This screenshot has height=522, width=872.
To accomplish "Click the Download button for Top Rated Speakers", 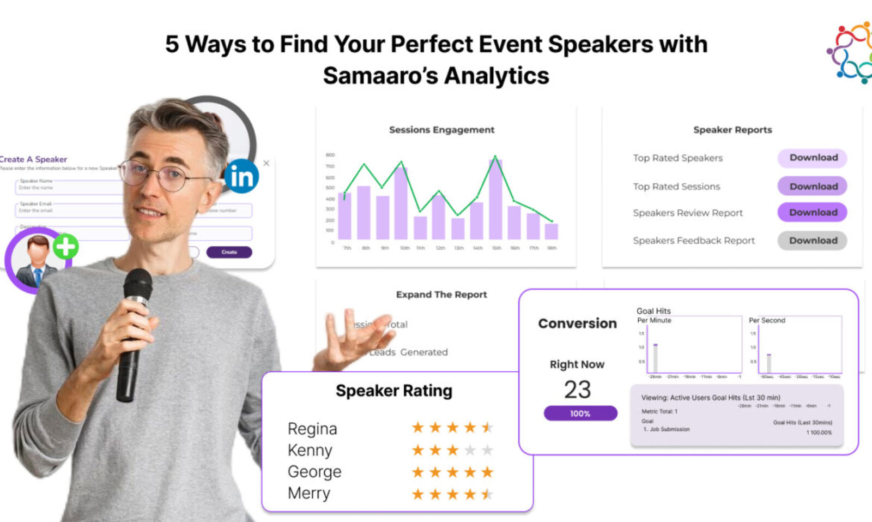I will click(x=812, y=158).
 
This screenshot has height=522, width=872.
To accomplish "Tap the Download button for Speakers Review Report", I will click(x=812, y=212).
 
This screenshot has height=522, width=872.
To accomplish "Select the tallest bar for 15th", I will click(x=495, y=199).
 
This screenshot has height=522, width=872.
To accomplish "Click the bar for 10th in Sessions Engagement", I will click(x=401, y=203).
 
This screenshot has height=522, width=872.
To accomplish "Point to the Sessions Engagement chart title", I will click(x=441, y=130).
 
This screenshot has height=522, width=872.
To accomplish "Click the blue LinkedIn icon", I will click(x=241, y=176).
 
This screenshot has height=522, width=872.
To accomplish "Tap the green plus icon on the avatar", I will click(x=66, y=247).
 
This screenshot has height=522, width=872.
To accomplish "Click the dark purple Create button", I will click(x=229, y=252).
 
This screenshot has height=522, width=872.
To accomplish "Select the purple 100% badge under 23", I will click(x=580, y=413).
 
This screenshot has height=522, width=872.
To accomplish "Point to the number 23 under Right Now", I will click(x=577, y=389).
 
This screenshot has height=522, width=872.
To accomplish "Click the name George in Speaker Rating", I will click(x=314, y=471).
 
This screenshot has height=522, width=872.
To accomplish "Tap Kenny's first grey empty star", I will click(x=470, y=450).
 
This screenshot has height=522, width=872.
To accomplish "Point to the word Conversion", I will click(x=577, y=323).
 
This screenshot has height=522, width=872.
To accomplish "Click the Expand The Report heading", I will click(x=441, y=295).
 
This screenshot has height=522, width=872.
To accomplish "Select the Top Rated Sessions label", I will click(x=676, y=187).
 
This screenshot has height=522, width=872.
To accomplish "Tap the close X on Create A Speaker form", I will click(x=266, y=163).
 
